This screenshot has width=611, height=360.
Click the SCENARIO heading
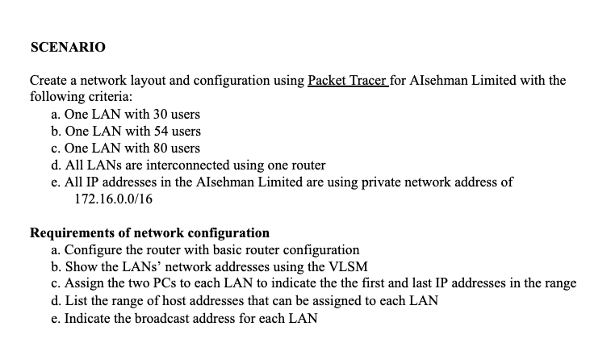pyautogui.click(x=67, y=48)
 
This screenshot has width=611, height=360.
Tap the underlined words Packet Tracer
pyautogui.click(x=348, y=81)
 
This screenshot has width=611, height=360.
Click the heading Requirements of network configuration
pyautogui.click(x=149, y=233)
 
